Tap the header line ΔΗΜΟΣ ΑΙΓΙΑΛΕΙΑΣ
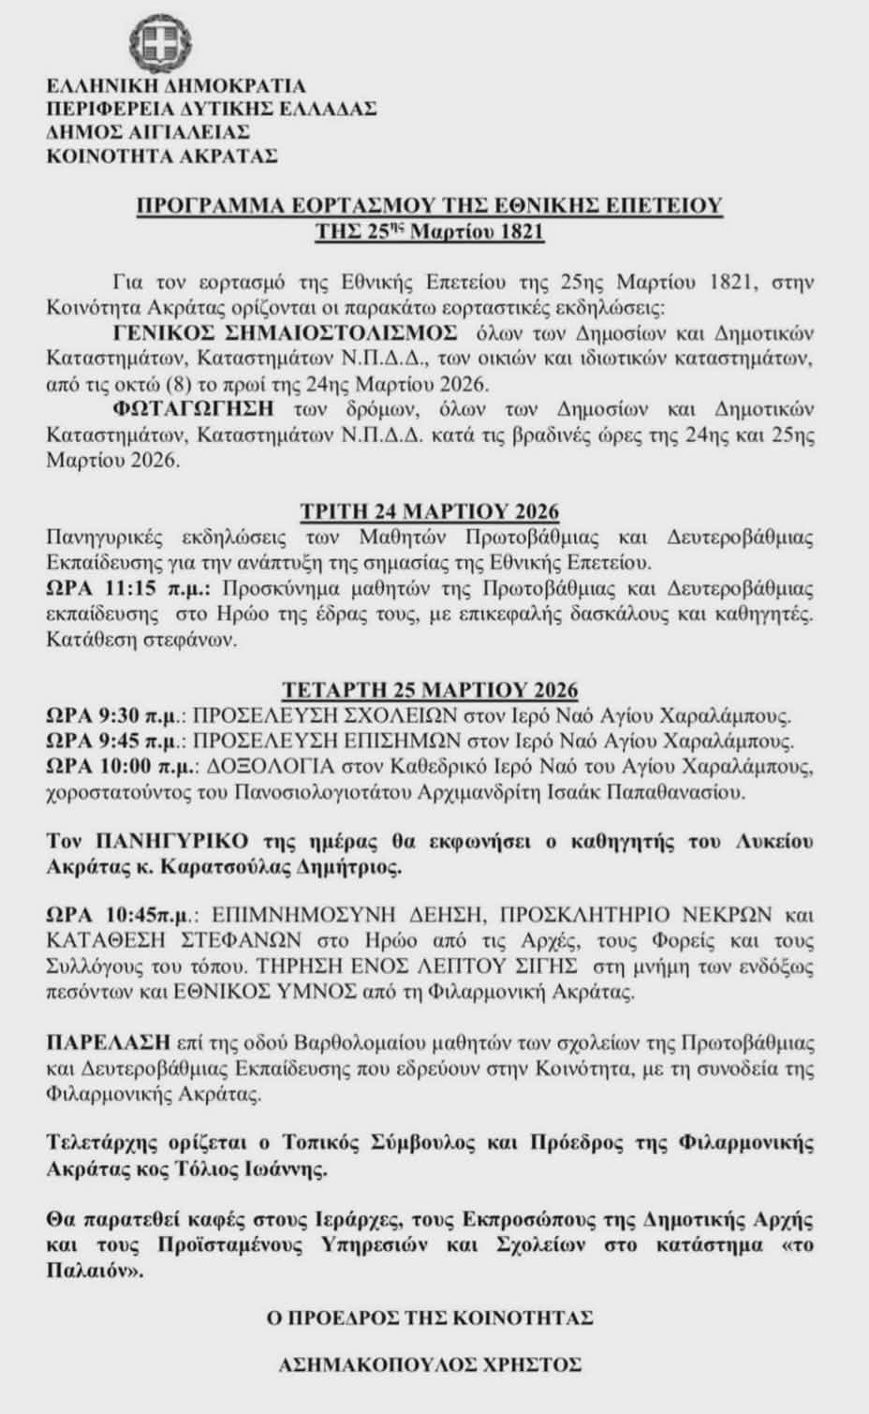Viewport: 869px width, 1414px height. pyautogui.click(x=148, y=131)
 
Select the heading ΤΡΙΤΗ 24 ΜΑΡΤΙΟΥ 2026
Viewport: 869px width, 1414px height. pyautogui.click(x=430, y=511)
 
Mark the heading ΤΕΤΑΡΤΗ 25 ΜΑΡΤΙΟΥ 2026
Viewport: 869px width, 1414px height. pyautogui.click(x=430, y=690)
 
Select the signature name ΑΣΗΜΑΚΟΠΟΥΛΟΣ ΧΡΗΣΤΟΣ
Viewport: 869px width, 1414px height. pyautogui.click(x=430, y=1364)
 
